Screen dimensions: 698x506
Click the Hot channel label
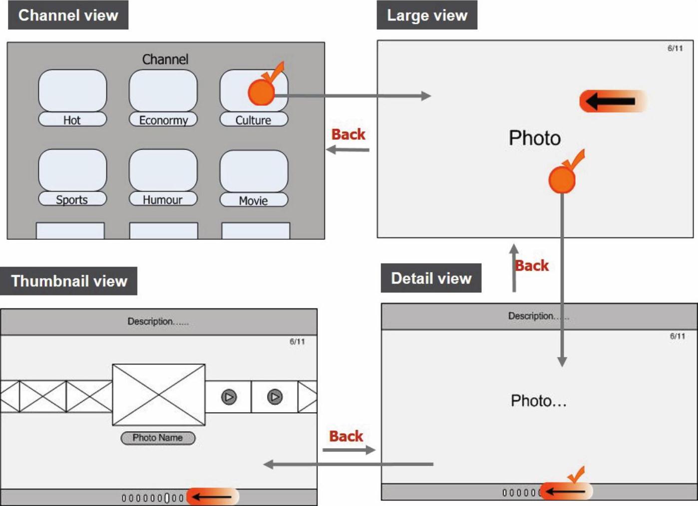coord(72,120)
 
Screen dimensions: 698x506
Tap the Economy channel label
coord(163,120)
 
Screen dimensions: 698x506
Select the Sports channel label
coord(72,199)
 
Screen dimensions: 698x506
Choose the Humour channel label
coord(163,199)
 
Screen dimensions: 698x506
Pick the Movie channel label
coord(254,200)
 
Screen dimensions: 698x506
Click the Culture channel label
coord(254,120)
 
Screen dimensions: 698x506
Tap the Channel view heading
coord(68,15)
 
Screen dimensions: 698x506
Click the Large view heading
coord(427,15)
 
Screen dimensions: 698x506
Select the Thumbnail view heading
coord(69,281)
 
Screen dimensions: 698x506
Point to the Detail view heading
coord(431,278)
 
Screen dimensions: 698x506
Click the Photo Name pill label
coord(158,438)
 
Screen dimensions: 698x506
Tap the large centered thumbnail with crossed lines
coord(159,395)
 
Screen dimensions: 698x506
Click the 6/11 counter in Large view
coord(675,48)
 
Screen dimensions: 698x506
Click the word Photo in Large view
coord(535,138)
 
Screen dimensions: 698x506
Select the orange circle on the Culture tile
coord(261,92)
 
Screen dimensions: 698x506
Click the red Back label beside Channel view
coord(349,135)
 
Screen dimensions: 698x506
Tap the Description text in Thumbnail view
coord(158,321)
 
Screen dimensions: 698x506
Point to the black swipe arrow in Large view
coord(611,101)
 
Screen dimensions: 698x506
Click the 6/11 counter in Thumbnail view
coord(297,342)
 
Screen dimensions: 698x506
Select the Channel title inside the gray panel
coord(165,59)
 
